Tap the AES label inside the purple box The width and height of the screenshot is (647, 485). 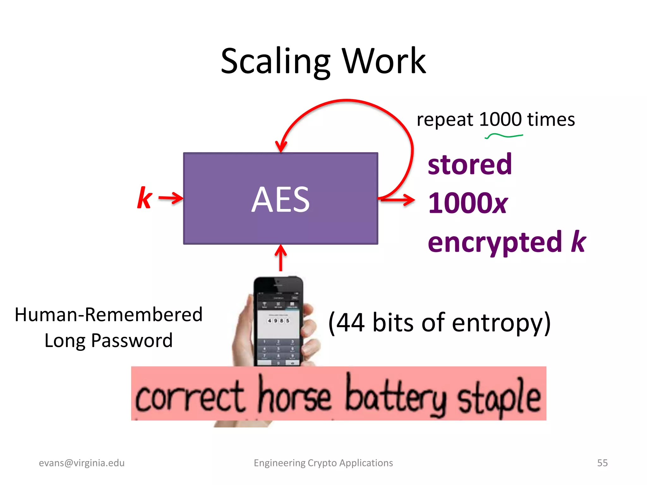(x=281, y=200)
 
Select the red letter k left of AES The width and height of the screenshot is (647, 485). (x=145, y=198)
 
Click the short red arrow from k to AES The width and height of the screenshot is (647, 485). (x=171, y=198)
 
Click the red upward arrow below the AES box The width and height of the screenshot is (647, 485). (x=281, y=257)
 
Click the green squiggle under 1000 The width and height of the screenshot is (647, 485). (x=504, y=136)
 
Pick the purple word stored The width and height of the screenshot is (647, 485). (x=470, y=165)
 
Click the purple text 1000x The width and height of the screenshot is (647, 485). (x=468, y=203)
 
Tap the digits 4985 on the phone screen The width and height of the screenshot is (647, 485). (x=278, y=320)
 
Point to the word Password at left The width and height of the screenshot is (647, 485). (x=132, y=341)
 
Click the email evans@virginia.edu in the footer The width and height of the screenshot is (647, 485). (x=82, y=463)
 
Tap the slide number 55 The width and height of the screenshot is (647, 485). (x=602, y=463)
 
